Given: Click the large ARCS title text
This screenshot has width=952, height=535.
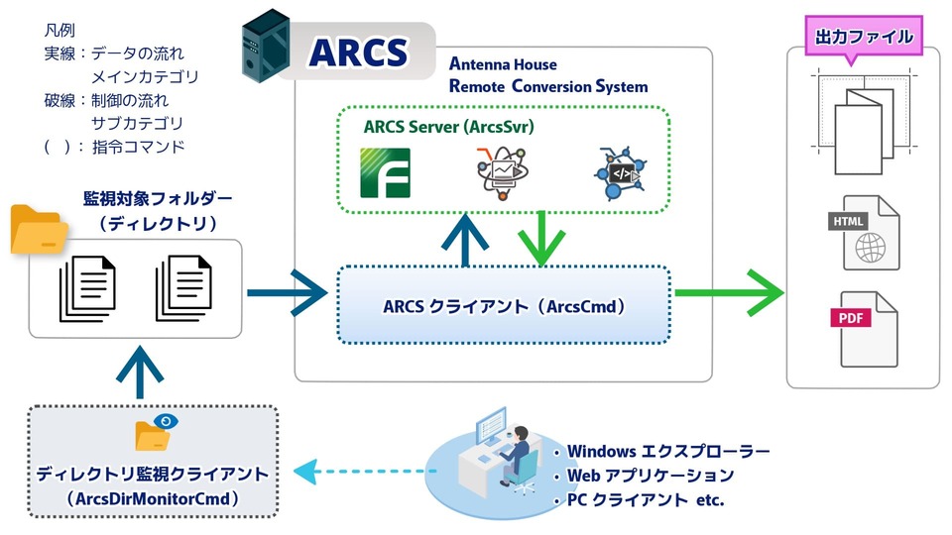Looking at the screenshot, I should click(x=358, y=52).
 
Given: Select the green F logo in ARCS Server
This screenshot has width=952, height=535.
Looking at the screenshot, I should click(x=384, y=172).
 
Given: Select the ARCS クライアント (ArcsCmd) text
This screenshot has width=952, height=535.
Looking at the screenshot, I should click(x=504, y=306).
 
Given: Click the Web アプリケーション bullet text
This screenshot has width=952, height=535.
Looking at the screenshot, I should click(x=650, y=476).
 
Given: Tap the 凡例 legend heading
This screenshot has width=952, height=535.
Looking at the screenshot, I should click(x=61, y=32).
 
